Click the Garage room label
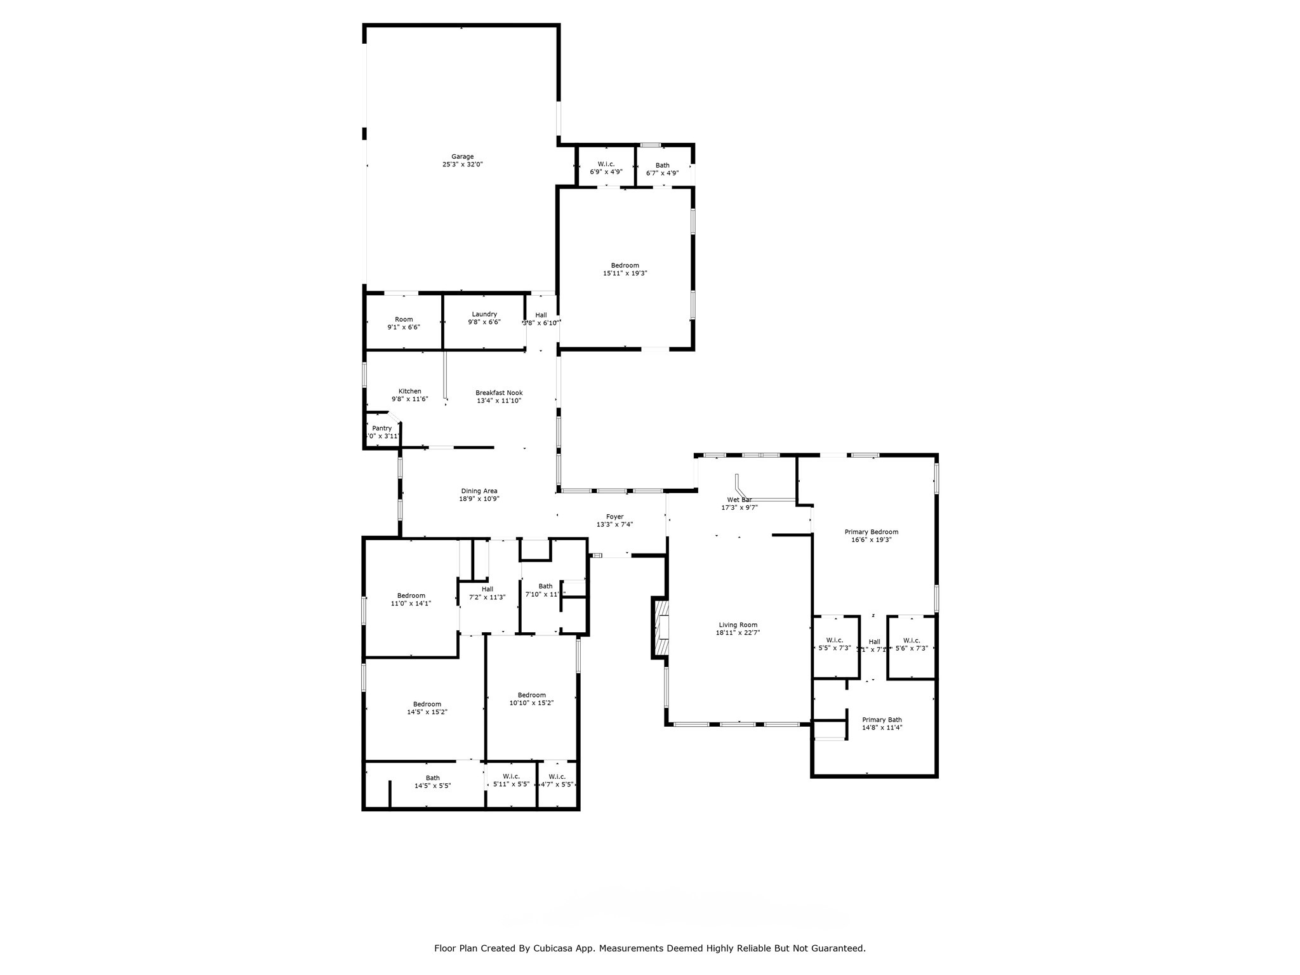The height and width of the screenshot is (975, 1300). click(462, 157)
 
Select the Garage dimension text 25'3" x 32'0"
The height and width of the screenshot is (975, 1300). click(462, 164)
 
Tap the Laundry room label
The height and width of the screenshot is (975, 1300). click(484, 314)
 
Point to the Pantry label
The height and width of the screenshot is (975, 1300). click(381, 428)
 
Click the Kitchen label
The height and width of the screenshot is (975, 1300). click(409, 391)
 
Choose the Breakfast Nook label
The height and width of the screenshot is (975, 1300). click(499, 393)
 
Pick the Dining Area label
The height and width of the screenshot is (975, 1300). click(479, 491)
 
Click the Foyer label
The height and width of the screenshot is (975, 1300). click(614, 517)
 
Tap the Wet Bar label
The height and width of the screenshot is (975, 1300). click(739, 500)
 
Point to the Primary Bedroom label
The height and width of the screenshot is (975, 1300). click(871, 532)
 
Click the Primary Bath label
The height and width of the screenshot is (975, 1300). click(882, 720)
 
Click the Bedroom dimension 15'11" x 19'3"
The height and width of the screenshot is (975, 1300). click(625, 274)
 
